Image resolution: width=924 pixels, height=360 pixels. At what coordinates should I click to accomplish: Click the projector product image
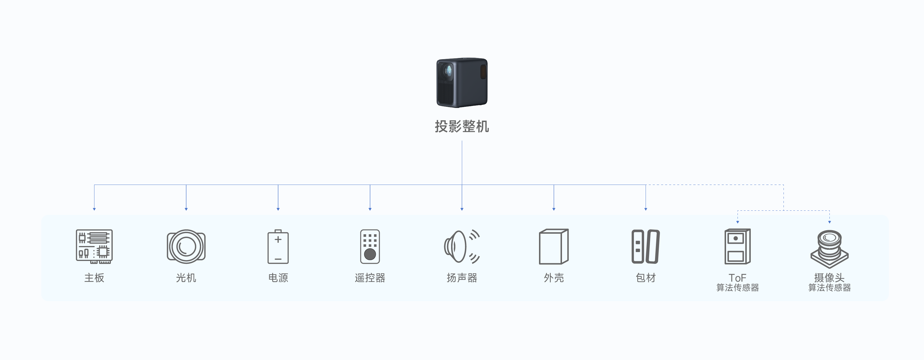tap(462, 82)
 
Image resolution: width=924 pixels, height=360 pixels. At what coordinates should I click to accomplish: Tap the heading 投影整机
tap(462, 127)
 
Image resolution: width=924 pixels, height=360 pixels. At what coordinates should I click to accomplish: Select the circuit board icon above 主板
tap(94, 246)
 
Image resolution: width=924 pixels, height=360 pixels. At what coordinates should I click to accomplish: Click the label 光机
tap(186, 278)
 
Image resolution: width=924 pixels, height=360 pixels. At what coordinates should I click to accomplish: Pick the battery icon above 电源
tap(278, 247)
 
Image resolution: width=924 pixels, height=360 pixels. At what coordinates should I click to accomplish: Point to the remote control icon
tap(370, 247)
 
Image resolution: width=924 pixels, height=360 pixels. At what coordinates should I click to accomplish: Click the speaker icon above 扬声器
tap(461, 246)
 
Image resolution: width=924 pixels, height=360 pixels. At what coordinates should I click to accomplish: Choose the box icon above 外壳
tap(553, 247)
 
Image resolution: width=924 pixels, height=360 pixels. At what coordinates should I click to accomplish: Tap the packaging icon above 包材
tap(645, 247)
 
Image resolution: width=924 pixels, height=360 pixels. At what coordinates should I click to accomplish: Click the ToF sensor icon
tap(737, 247)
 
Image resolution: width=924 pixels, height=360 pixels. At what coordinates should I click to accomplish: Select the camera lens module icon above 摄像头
tap(829, 249)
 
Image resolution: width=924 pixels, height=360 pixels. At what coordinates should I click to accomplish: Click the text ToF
tap(737, 278)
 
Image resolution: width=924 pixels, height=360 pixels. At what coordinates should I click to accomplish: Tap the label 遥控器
tap(370, 278)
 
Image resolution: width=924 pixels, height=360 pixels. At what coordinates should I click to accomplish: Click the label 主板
tap(94, 278)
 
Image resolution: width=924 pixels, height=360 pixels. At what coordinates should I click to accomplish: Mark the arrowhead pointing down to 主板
tap(94, 209)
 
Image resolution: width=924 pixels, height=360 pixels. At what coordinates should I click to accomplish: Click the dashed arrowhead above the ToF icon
tap(738, 222)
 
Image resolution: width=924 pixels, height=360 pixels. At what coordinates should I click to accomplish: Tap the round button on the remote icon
tap(370, 254)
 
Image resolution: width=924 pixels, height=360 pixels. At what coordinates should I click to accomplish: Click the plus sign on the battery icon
tap(278, 239)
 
